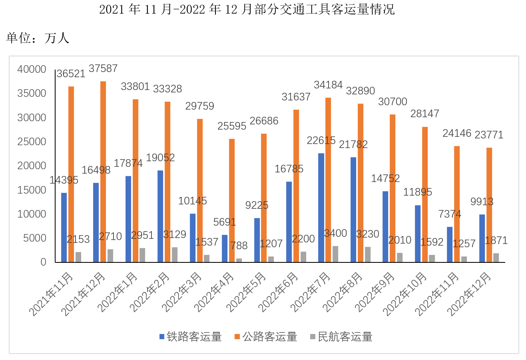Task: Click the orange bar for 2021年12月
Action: coord(103,172)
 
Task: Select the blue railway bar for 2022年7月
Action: coord(321,208)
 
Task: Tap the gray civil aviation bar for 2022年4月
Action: coord(239,260)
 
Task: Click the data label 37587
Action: coord(103,68)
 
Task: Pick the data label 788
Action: coord(239,246)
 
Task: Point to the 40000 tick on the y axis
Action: coord(32,70)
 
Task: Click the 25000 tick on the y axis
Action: coord(32,142)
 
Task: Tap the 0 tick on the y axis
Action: coord(44,262)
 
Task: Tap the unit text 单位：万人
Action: coord(38,38)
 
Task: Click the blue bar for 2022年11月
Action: coord(450,244)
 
